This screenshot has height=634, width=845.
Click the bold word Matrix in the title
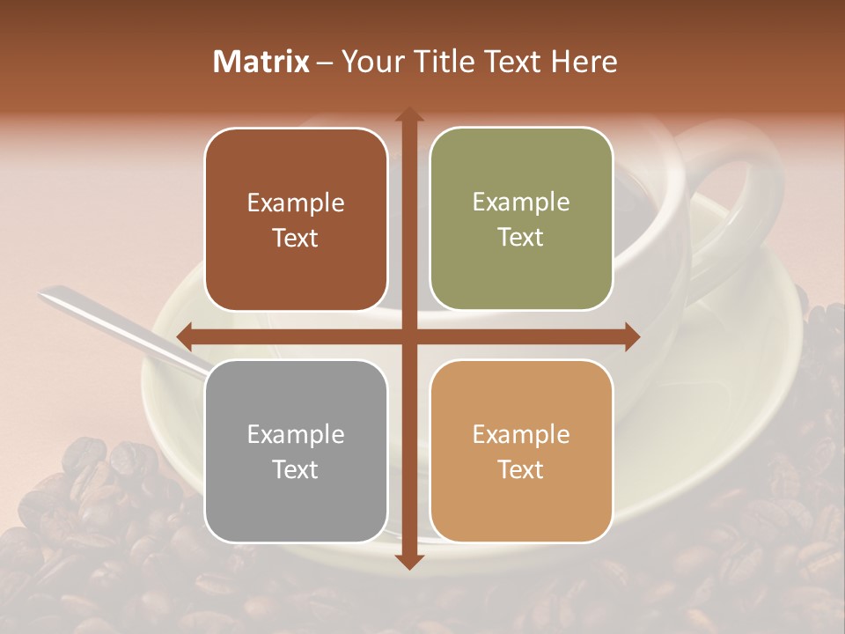pos(261,62)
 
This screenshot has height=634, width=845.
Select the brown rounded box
pos(296,220)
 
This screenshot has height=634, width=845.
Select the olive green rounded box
pos(521,219)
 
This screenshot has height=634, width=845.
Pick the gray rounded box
pos(296,451)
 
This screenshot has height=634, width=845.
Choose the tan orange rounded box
pos(521,451)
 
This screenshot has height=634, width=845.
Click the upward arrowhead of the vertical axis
pos(408,114)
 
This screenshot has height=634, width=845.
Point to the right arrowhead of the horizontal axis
pos(632,336)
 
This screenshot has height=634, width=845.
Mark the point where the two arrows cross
pos(408,336)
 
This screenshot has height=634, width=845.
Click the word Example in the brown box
pos(296,203)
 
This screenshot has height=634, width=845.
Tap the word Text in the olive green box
pos(521,238)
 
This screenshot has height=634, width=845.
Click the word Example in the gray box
pos(296,434)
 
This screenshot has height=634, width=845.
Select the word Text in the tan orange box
pos(521,469)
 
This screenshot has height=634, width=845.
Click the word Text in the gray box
pos(296,469)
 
